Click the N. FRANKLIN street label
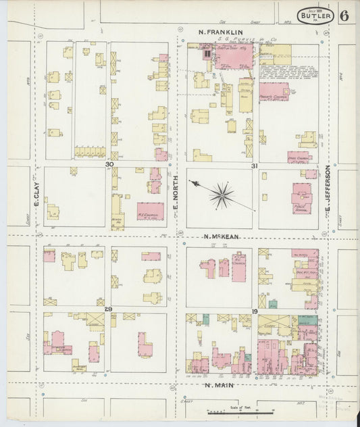(220, 32)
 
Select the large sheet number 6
(345, 16)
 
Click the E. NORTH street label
(174, 196)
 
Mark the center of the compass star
(220, 195)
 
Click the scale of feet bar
(240, 411)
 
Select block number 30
(109, 164)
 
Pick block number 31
(255, 165)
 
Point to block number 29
(108, 308)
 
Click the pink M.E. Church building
(150, 211)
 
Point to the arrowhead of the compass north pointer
(191, 182)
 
